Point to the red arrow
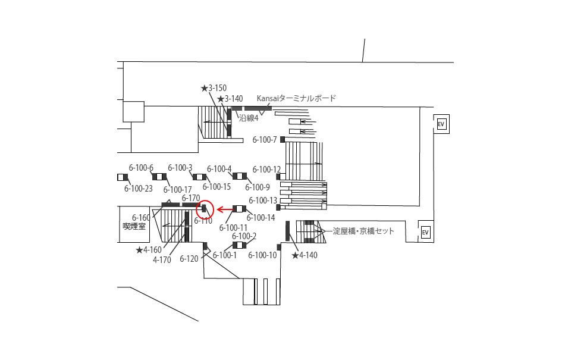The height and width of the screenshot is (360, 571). pyautogui.click(x=225, y=209)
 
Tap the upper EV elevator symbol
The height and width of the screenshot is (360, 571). pyautogui.click(x=441, y=124)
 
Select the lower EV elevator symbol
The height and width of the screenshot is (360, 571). pyautogui.click(x=425, y=232)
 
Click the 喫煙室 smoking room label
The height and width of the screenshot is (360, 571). pyautogui.click(x=134, y=226)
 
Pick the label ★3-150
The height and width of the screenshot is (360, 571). pyautogui.click(x=214, y=88)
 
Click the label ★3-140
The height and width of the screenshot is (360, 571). pyautogui.click(x=230, y=99)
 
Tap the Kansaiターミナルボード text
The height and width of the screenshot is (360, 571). pyautogui.click(x=296, y=98)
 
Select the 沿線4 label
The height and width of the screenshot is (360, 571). pyautogui.click(x=249, y=118)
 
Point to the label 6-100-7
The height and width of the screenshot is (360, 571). pyautogui.click(x=265, y=140)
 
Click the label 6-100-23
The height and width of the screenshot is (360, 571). pyautogui.click(x=139, y=189)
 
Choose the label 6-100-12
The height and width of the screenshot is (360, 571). pyautogui.click(x=267, y=170)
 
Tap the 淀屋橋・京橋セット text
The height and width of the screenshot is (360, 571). pyautogui.click(x=363, y=231)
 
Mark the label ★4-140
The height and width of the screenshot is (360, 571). pyautogui.click(x=305, y=255)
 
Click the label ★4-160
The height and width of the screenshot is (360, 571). pyautogui.click(x=149, y=250)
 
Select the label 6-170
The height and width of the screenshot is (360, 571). pyautogui.click(x=191, y=198)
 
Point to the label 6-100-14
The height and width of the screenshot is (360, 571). pyautogui.click(x=261, y=218)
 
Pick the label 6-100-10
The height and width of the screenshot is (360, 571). pyautogui.click(x=262, y=255)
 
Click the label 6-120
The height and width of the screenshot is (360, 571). pyautogui.click(x=189, y=259)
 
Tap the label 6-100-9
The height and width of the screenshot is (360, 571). pyautogui.click(x=258, y=187)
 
